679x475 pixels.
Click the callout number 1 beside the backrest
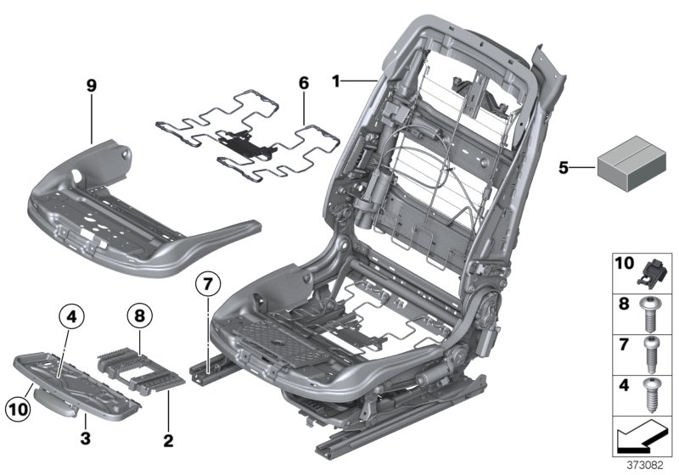point(337,81)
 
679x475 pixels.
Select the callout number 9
point(92,86)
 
